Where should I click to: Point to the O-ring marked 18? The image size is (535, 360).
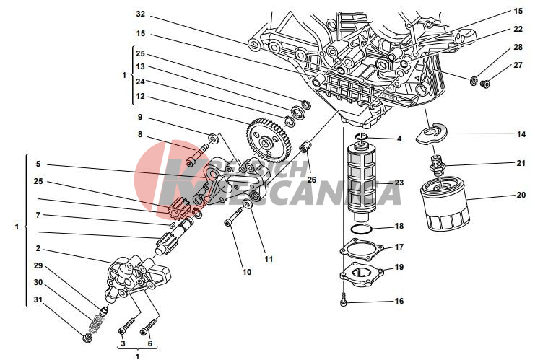[361, 229]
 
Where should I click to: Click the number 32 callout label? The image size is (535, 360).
[140, 14]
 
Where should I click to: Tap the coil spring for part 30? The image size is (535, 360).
[95, 322]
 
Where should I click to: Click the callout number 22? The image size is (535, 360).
[518, 29]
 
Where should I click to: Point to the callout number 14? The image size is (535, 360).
[520, 134]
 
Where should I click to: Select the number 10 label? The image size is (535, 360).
[246, 273]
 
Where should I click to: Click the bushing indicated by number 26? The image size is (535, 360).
[305, 150]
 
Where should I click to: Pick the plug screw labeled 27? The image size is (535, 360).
[485, 84]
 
